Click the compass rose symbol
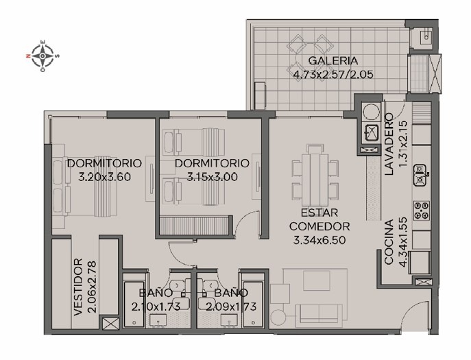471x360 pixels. coord(43,56)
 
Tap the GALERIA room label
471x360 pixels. coord(333,61)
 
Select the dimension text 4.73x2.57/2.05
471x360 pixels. coord(333,74)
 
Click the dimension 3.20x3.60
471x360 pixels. coord(104,177)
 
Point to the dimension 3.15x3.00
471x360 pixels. coord(213,177)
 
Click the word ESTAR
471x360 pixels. coord(319,213)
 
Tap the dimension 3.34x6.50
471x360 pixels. coord(319,240)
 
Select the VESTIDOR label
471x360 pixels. coord(78,287)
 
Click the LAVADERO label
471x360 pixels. coord(389,144)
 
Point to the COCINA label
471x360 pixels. coord(389,242)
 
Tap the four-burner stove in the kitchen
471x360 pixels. coord(421,211)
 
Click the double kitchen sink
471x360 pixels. coord(420,175)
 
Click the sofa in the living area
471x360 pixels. coord(319,315)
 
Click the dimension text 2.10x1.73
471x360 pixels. coord(156,307)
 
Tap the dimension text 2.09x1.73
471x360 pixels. coord(231,307)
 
